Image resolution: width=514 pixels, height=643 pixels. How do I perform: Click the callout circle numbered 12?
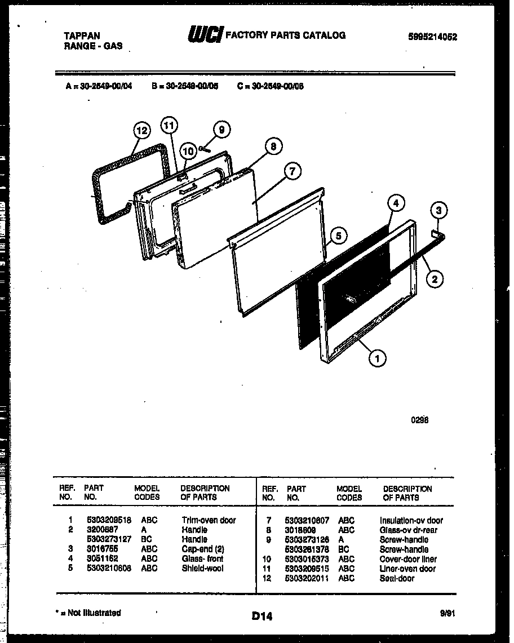(x=142, y=130)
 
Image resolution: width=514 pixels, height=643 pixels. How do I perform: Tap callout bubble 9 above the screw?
(x=221, y=130)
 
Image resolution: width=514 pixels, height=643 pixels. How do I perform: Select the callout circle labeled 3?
(x=440, y=211)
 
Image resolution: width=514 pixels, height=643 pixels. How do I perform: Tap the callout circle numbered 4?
(x=396, y=203)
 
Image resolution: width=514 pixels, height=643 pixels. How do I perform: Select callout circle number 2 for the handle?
(x=434, y=278)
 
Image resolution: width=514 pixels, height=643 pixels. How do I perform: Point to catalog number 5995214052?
(x=432, y=37)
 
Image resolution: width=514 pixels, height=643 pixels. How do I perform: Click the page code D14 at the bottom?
(x=262, y=617)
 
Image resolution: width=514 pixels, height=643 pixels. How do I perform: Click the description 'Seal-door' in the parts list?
(x=397, y=578)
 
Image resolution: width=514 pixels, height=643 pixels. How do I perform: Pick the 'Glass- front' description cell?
(x=202, y=558)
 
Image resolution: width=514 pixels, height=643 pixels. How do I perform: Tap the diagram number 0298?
(x=420, y=420)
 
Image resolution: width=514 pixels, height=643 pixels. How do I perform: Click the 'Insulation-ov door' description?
(x=411, y=520)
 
